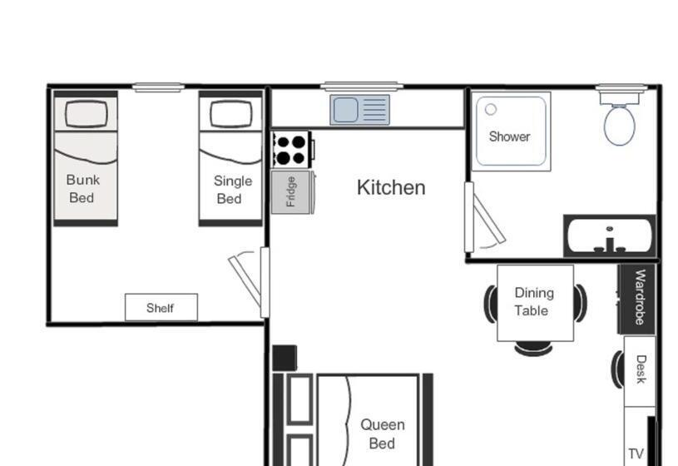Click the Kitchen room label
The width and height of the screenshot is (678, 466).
391,188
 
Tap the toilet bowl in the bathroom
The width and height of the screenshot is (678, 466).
619,126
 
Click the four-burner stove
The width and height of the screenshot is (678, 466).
291,150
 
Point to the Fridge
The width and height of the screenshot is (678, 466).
291,191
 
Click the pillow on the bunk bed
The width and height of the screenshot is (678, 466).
86,113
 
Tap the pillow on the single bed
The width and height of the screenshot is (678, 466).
230,114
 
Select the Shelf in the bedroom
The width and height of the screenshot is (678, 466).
161,308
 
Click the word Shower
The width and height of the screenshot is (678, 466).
509,136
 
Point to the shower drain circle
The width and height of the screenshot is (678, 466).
490,110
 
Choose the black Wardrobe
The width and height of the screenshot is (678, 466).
636,298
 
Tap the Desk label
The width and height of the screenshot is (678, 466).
641,369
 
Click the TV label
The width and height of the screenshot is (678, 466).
636,454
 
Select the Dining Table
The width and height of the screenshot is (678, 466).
535,303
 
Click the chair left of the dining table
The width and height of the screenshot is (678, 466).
490,304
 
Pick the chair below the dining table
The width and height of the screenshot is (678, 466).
533,349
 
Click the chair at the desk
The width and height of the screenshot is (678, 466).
617,369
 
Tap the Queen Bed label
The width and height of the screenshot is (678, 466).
383,434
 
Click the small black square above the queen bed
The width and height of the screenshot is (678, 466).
285,358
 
